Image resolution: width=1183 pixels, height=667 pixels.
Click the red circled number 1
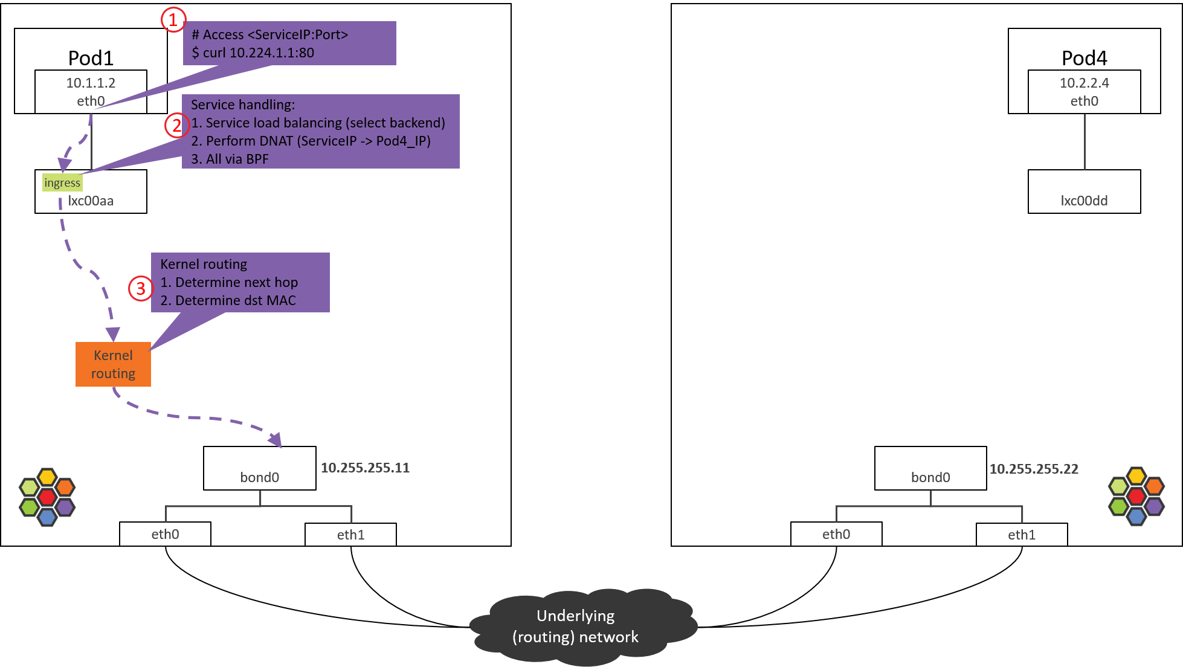tap(173, 20)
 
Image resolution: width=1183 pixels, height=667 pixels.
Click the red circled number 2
tap(176, 126)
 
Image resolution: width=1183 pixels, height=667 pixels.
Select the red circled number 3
tap(140, 289)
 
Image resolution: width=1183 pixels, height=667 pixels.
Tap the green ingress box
tap(62, 182)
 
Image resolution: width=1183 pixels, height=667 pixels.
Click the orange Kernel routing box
tap(113, 364)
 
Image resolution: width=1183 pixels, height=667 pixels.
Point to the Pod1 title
tap(91, 58)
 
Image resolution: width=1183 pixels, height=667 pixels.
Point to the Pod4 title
tap(1084, 58)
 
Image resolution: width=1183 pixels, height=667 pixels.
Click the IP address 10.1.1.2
tap(91, 83)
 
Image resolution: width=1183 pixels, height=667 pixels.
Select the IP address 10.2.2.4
tap(1084, 83)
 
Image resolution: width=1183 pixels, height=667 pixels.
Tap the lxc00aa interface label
tap(91, 201)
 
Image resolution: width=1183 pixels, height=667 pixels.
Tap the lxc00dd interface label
tap(1084, 201)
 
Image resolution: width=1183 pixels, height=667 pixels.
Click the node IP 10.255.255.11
tap(365, 468)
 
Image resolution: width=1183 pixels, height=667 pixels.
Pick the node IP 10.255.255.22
tap(1033, 469)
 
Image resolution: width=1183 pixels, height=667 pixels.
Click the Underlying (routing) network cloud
tap(576, 627)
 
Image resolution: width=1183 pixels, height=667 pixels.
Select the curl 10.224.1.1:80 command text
tap(253, 53)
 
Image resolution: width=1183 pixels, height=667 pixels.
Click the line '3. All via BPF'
tap(230, 159)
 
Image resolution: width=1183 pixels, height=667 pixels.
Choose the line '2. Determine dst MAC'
tap(228, 300)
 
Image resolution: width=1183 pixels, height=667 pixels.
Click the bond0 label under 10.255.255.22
tap(930, 477)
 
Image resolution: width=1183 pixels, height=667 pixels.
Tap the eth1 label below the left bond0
tap(350, 535)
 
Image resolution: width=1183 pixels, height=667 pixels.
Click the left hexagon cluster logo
tap(47, 497)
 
